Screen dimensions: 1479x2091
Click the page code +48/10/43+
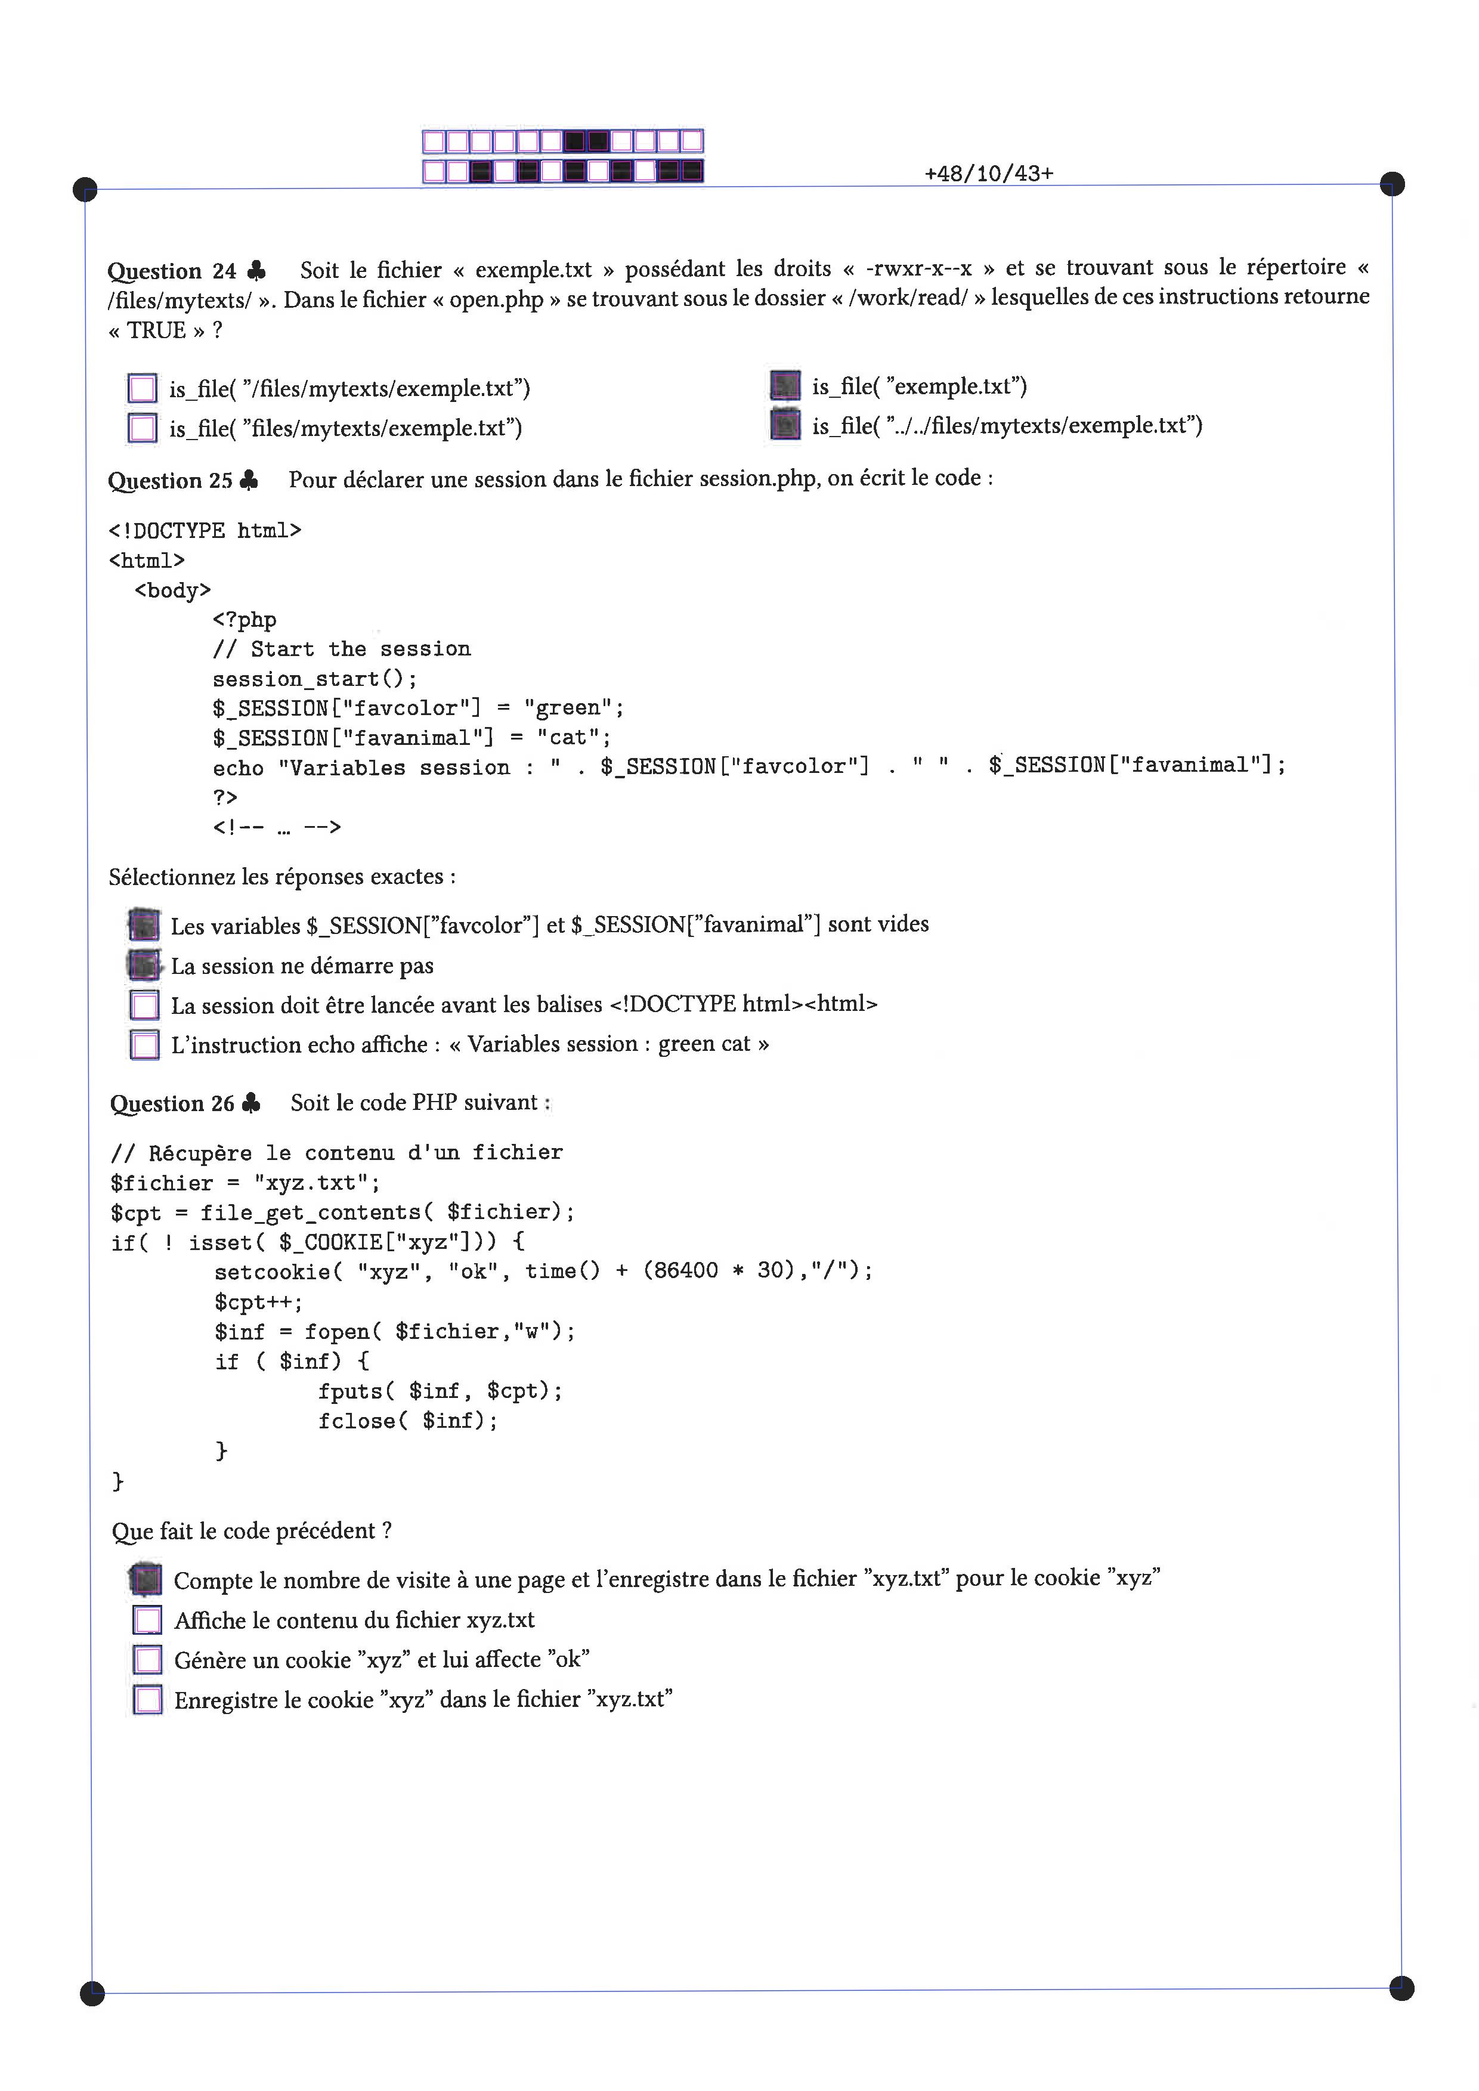tap(989, 173)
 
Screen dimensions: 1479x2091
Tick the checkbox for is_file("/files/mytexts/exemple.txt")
tap(142, 388)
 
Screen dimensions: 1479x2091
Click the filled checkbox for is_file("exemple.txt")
tap(785, 385)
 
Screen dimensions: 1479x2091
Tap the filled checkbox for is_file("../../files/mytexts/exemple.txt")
tap(785, 425)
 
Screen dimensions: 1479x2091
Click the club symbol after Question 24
tap(257, 271)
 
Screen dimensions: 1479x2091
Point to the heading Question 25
tap(171, 481)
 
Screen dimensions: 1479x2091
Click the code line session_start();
tap(315, 679)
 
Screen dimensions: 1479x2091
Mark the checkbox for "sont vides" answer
tap(144, 925)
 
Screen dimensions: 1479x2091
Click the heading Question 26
tap(172, 1104)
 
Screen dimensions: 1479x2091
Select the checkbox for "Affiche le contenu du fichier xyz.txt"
tap(147, 1620)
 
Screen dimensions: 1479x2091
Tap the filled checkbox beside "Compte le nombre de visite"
tap(146, 1580)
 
